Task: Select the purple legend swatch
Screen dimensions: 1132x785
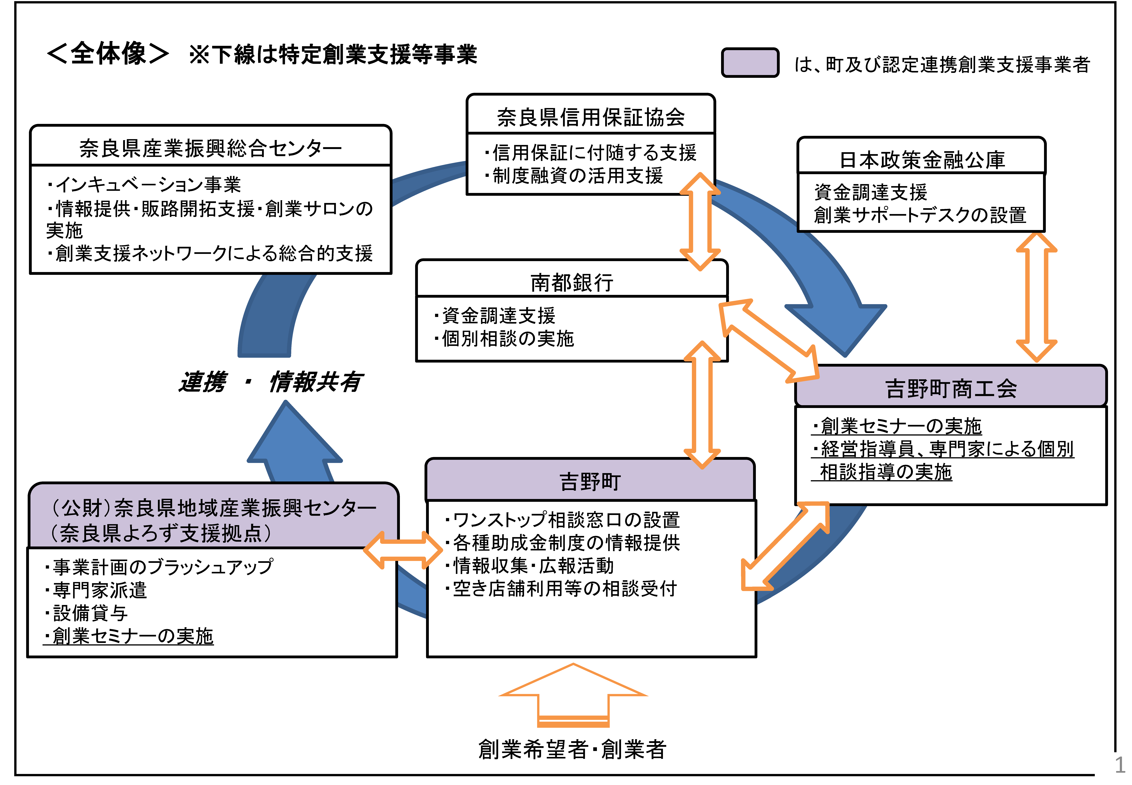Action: pyautogui.click(x=750, y=62)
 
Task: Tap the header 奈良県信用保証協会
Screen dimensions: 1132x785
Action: pyautogui.click(x=591, y=117)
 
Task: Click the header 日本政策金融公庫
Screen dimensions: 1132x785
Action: pyautogui.click(x=922, y=160)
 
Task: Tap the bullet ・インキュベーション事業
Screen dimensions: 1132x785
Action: pyautogui.click(x=144, y=184)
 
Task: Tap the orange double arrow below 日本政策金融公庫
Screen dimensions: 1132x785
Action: pyautogui.click(x=1036, y=297)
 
